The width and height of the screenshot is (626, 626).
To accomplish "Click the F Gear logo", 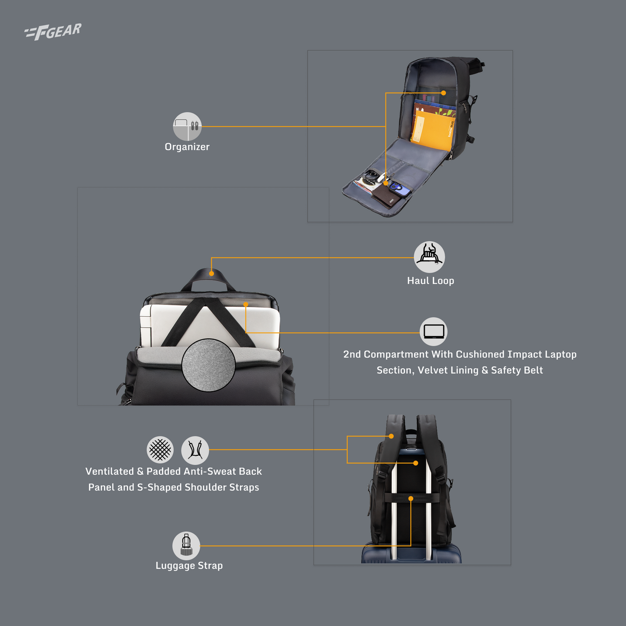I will [x=53, y=32].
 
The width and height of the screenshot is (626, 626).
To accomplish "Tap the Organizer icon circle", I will [x=187, y=126].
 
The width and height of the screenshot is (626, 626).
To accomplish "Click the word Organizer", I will [x=187, y=147].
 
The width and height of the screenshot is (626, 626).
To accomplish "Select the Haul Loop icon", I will [x=429, y=257].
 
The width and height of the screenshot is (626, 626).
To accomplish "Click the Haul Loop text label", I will [x=431, y=281].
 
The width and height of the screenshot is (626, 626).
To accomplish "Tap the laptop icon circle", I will [x=433, y=331].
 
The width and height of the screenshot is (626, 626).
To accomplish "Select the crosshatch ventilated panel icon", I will [x=160, y=450].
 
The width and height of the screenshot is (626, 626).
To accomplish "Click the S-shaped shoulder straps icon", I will [x=195, y=450].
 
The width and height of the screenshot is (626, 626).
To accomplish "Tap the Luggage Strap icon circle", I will [x=186, y=546].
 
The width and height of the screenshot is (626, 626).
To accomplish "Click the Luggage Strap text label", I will [x=189, y=566].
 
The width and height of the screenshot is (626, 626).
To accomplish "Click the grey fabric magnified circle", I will [x=208, y=365].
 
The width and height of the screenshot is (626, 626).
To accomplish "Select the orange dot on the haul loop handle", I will [x=211, y=273].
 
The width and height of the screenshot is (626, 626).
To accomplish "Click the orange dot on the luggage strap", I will [x=411, y=499].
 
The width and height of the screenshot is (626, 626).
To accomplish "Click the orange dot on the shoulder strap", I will [x=391, y=436].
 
